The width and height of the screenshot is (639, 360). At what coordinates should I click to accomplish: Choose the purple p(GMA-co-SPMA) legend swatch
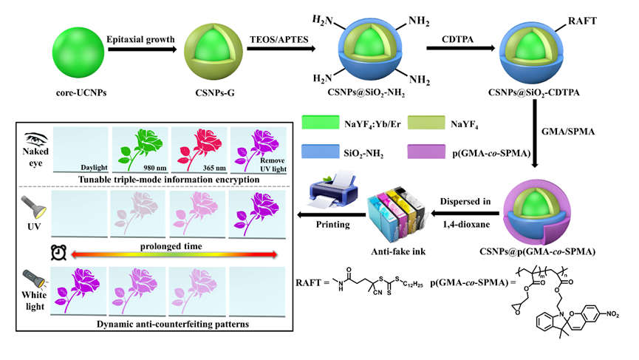coord(433,152)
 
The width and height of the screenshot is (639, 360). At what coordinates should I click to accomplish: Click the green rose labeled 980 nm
coord(138,149)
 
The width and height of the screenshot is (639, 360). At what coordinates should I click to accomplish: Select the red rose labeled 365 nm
coord(197,149)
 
